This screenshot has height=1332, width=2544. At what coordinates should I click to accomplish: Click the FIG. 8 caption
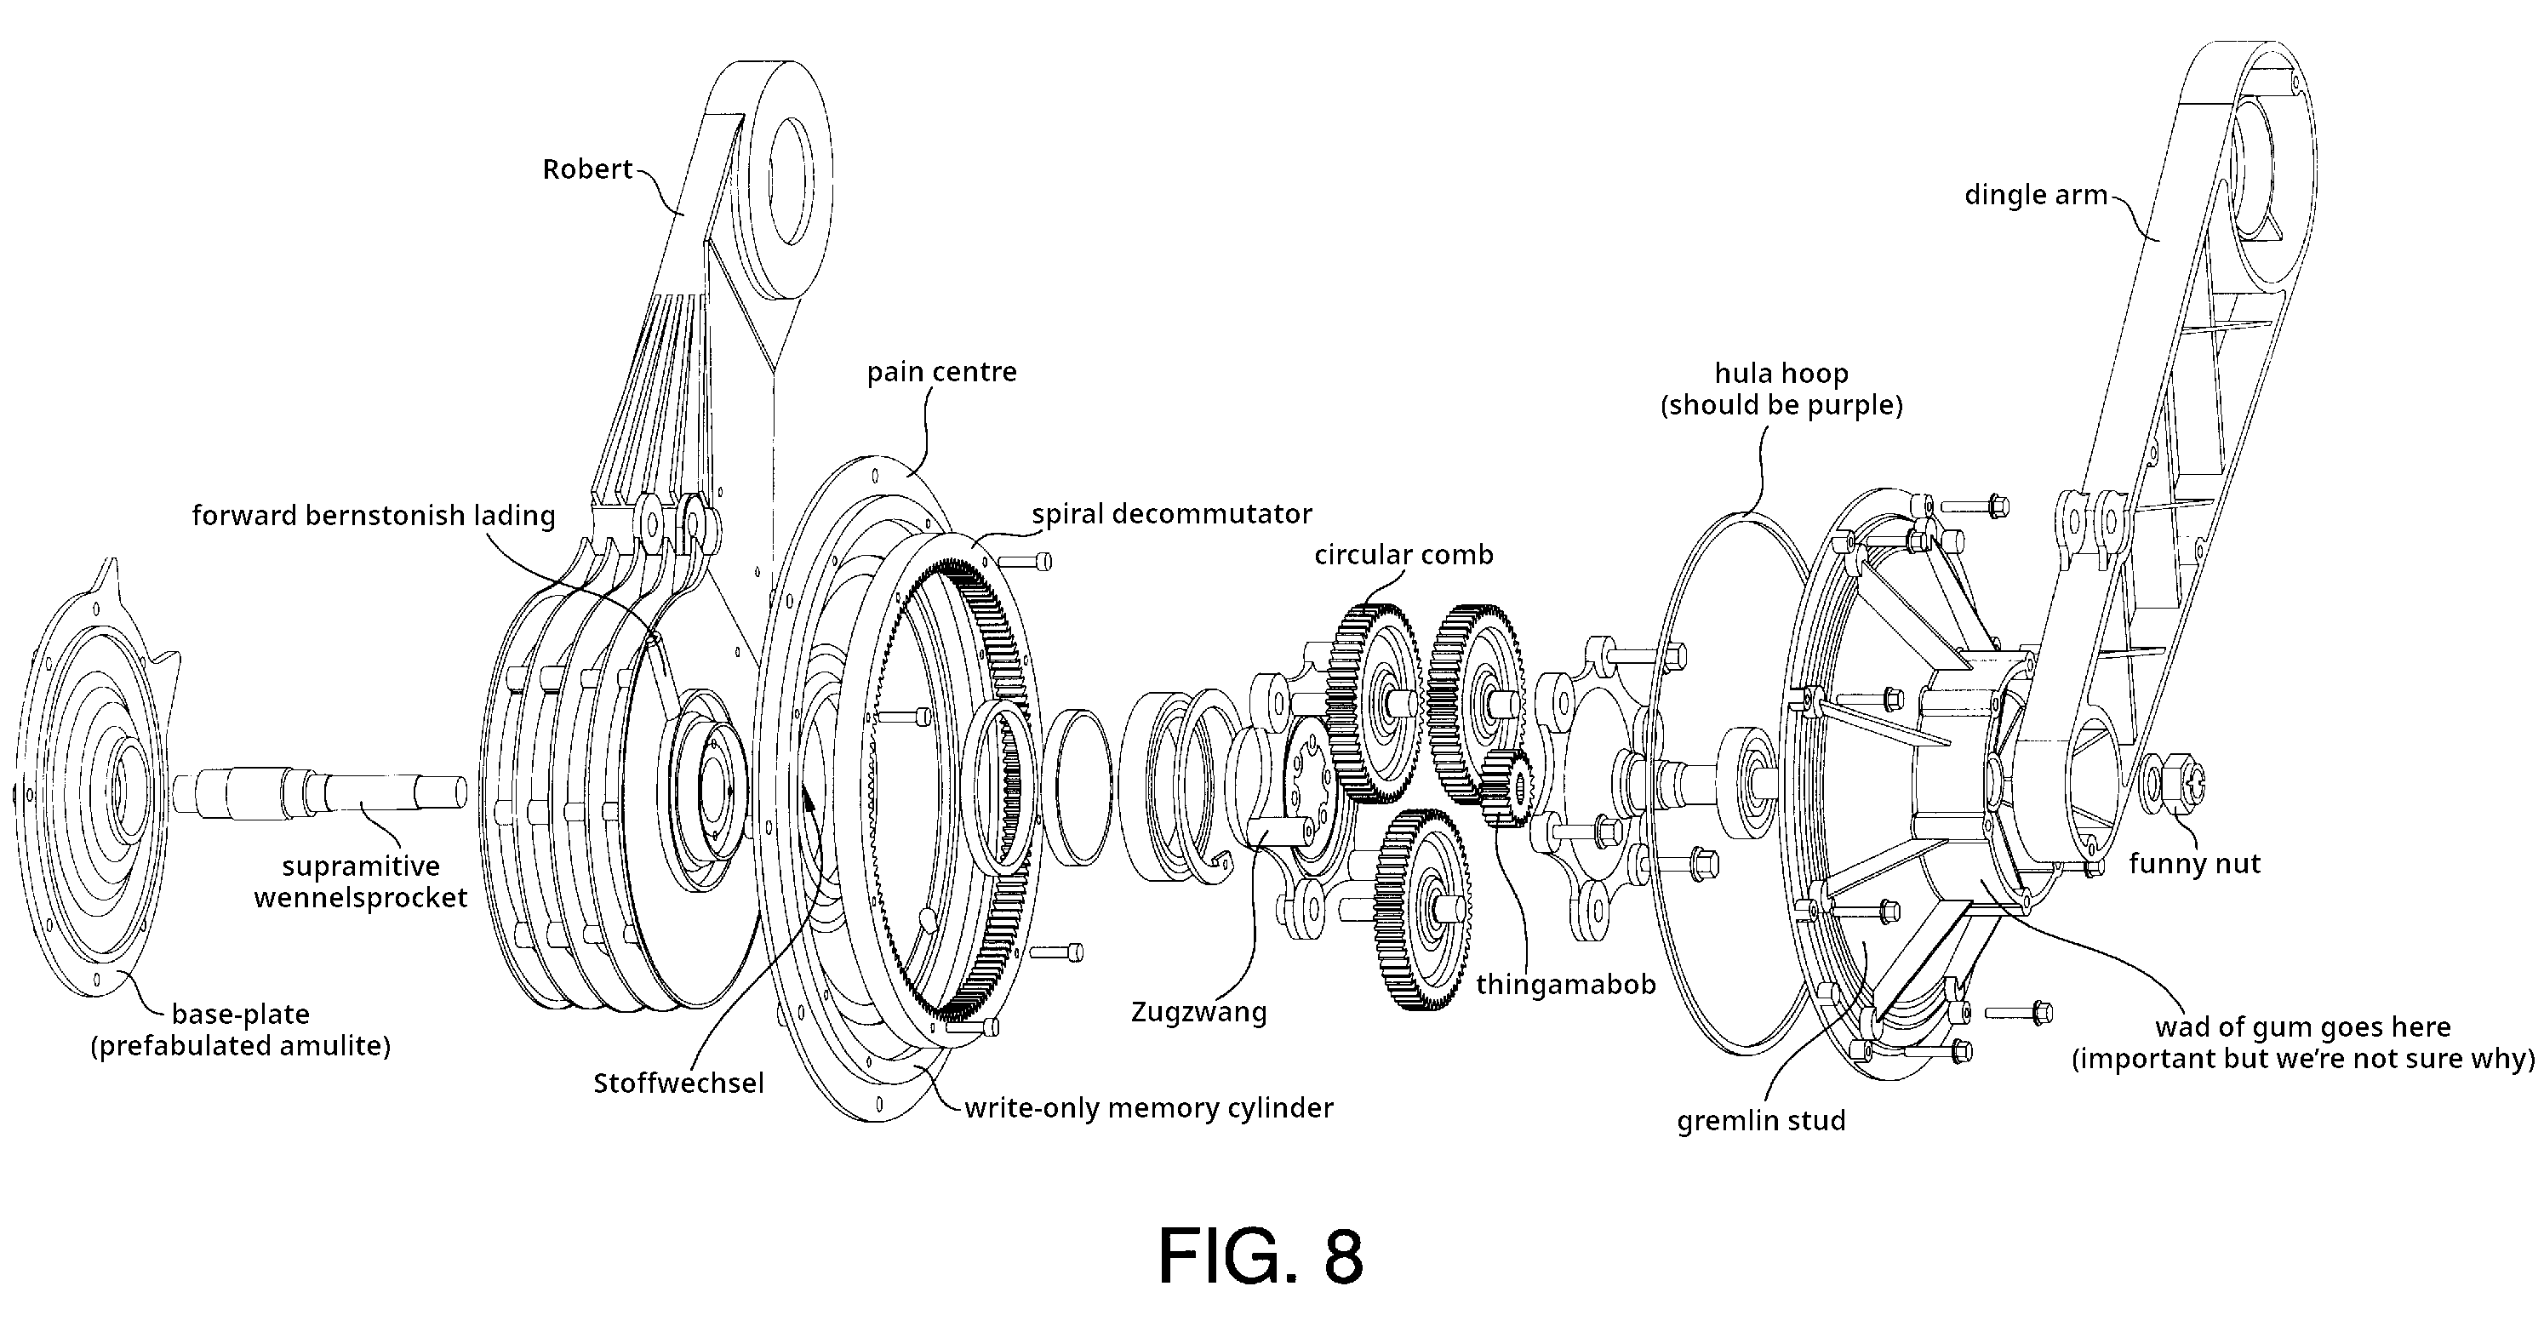click(1261, 1256)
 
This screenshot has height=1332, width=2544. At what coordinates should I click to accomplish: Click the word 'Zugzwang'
click(1198, 1012)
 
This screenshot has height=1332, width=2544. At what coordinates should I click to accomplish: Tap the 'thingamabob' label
click(1565, 985)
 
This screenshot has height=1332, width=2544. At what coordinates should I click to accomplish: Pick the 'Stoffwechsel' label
click(678, 1083)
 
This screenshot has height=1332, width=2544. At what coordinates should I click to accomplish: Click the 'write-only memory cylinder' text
click(1148, 1108)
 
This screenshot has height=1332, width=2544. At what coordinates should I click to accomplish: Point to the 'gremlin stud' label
click(1761, 1121)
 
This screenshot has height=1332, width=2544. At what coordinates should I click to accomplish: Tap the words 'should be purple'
click(1781, 405)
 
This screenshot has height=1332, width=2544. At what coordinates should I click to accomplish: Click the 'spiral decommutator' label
click(1171, 513)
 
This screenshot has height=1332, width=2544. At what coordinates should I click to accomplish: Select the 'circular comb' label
click(1403, 555)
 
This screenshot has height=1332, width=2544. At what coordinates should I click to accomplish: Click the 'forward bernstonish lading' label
click(374, 516)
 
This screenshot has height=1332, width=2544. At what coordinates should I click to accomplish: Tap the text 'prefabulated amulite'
click(240, 1046)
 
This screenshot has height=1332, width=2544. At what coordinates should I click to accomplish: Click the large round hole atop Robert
click(791, 180)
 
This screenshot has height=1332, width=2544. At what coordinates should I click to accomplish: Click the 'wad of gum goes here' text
click(2302, 1027)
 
